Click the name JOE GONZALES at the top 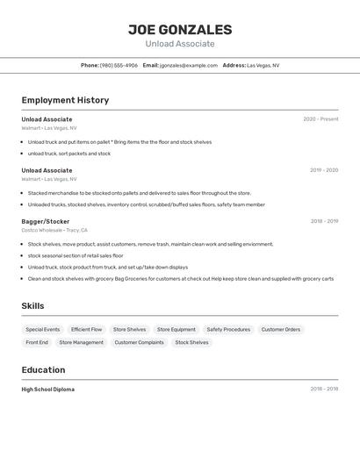pyautogui.click(x=179, y=29)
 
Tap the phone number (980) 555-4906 pyautogui.click(x=119, y=65)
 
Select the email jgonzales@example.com pyautogui.click(x=189, y=65)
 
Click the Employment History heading pyautogui.click(x=65, y=100)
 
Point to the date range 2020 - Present pyautogui.click(x=320, y=119)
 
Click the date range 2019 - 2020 pyautogui.click(x=324, y=170)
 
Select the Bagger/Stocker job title pyautogui.click(x=46, y=221)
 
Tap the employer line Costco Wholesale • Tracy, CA pyautogui.click(x=54, y=230)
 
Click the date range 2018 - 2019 pyautogui.click(x=324, y=221)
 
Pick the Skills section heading pyautogui.click(x=33, y=305)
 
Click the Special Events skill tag pyautogui.click(x=43, y=330)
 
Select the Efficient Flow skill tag pyautogui.click(x=86, y=330)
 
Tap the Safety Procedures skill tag pyautogui.click(x=228, y=330)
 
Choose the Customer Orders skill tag pyautogui.click(x=281, y=330)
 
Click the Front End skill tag pyautogui.click(x=37, y=342)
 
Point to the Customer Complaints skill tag pyautogui.click(x=139, y=342)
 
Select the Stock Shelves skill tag pyautogui.click(x=191, y=342)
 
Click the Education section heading pyautogui.click(x=43, y=370)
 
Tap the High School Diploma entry pyautogui.click(x=48, y=389)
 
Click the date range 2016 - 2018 pyautogui.click(x=324, y=389)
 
